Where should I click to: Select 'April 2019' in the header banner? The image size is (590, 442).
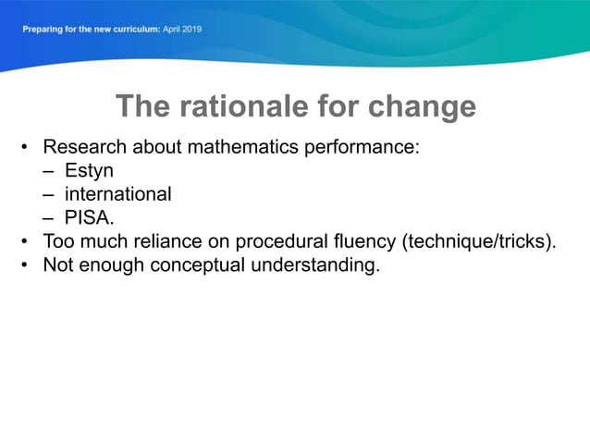tap(182, 29)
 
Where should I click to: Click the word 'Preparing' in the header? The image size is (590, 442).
tap(43, 29)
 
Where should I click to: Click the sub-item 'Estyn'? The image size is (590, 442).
tap(89, 171)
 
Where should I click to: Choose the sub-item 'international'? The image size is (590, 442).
tap(117, 195)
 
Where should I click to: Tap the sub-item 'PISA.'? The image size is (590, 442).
tap(89, 219)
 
